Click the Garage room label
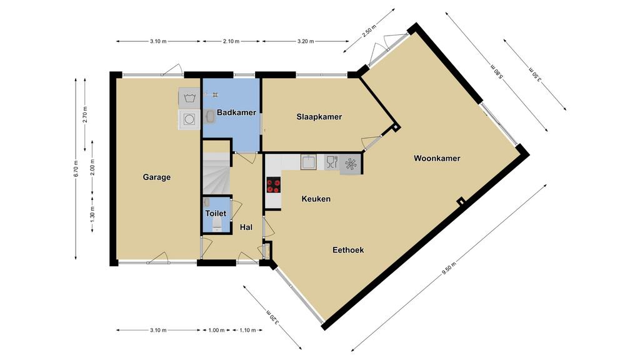(x=157, y=177)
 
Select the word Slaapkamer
(x=319, y=117)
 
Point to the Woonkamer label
(x=437, y=158)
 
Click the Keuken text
(x=316, y=199)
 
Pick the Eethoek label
(x=348, y=250)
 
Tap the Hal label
(x=246, y=227)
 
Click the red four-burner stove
(x=274, y=185)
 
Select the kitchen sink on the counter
(x=309, y=162)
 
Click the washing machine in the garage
(x=189, y=119)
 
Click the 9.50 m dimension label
(x=449, y=270)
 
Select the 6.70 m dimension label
(x=76, y=167)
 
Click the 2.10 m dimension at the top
(x=231, y=41)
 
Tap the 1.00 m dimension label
(x=216, y=330)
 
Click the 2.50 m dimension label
(x=369, y=31)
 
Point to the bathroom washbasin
(x=210, y=117)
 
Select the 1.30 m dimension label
(x=92, y=215)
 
